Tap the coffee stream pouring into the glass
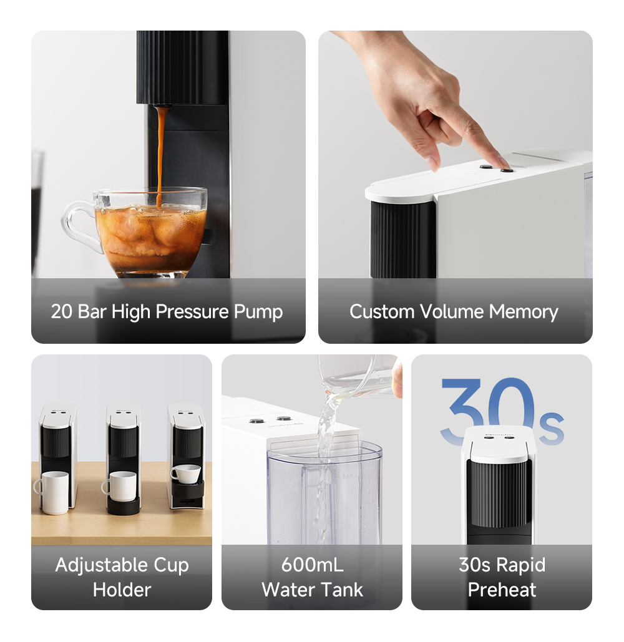pos(162,150)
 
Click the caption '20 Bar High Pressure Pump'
pos(167,311)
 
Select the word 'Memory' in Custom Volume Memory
pos(524,311)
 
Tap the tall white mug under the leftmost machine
pos(52,492)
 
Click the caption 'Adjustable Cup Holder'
pos(122,577)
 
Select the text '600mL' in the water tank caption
pos(312,565)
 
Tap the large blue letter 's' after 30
pos(550,427)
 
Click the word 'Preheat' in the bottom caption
pos(502,590)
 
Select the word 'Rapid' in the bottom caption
pos(520,565)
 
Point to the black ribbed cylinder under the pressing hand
pos(402,240)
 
